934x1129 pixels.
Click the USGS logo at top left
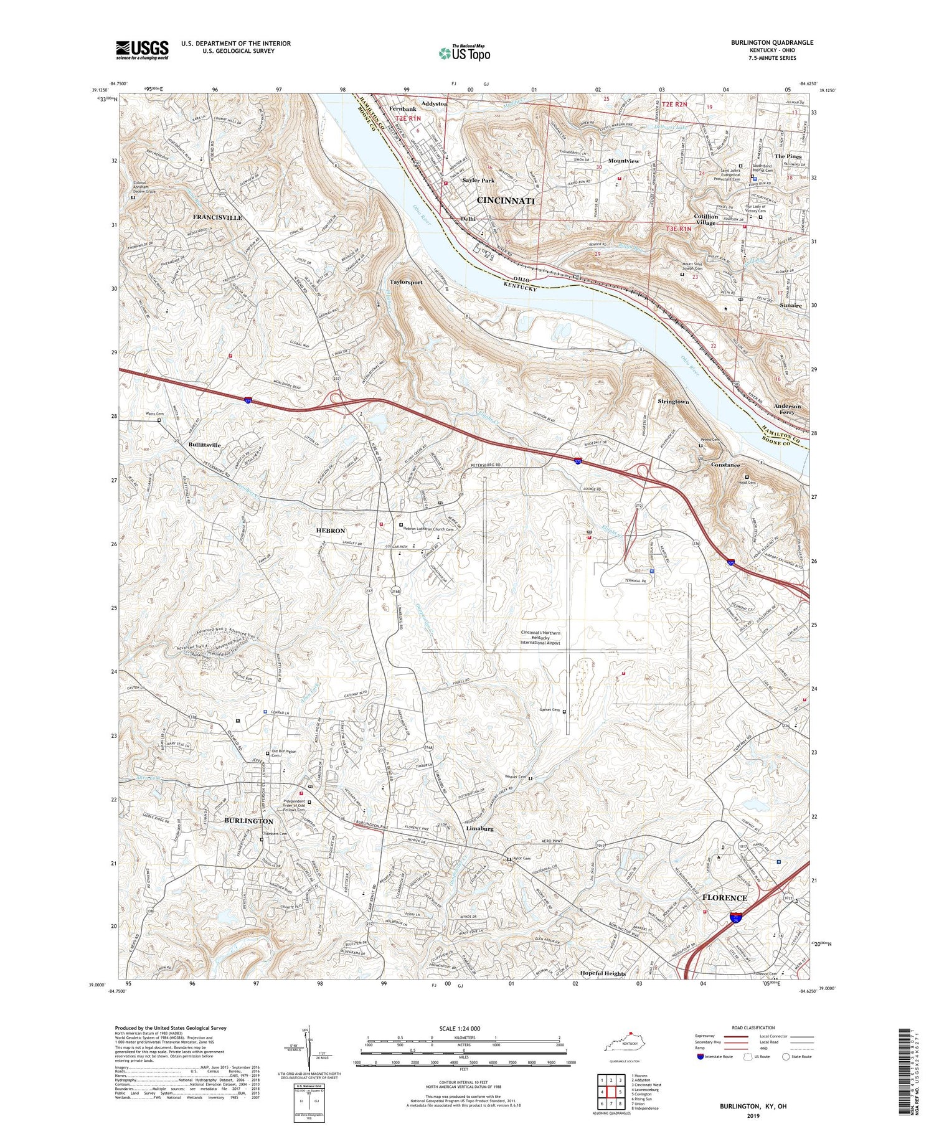[141, 50]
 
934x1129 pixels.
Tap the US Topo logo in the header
[464, 53]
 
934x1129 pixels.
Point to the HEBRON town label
[330, 531]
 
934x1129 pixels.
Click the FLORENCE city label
[724, 897]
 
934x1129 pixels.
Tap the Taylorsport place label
[406, 282]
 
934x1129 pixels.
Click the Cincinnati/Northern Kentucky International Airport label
[540, 638]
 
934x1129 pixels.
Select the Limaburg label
[479, 829]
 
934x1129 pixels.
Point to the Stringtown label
[673, 402]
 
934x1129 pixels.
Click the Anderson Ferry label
[787, 409]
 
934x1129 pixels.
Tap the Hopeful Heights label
[602, 973]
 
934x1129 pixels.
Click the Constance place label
[725, 465]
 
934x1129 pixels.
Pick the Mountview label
[623, 161]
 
